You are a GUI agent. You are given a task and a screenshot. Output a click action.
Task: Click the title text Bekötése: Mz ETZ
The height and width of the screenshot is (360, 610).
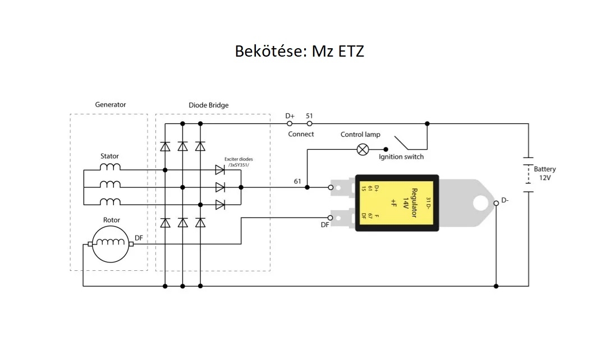[x=300, y=52]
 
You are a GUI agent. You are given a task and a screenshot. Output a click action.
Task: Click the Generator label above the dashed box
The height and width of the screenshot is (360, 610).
[x=110, y=104]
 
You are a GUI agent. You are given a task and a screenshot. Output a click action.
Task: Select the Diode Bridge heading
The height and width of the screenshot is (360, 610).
[x=209, y=105]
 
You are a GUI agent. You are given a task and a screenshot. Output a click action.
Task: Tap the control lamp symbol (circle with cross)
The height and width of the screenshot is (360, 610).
[x=363, y=149]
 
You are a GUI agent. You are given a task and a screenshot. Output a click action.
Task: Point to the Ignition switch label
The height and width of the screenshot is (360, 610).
[x=401, y=157]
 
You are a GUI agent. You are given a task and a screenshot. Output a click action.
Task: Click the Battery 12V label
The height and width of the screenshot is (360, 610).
[x=544, y=173]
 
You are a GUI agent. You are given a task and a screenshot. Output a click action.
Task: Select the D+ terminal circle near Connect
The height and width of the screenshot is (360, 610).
[x=290, y=123]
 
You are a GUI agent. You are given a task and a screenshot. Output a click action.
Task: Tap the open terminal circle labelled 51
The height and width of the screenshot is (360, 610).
[x=309, y=123]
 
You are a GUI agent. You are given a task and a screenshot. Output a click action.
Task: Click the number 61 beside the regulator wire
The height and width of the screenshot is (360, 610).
[x=297, y=181]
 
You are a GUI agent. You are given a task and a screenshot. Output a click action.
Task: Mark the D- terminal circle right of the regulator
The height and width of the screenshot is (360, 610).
[x=496, y=203]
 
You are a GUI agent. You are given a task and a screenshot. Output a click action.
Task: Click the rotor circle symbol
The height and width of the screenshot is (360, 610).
[x=110, y=244]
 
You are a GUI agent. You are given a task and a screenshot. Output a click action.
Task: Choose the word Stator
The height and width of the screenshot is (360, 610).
[x=109, y=156]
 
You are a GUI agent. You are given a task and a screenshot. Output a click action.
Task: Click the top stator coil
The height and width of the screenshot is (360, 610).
[x=110, y=167]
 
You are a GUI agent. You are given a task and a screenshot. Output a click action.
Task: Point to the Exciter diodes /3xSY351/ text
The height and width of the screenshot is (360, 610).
[x=239, y=161]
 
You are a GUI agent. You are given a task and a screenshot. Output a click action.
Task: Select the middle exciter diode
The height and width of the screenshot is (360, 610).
[x=220, y=187]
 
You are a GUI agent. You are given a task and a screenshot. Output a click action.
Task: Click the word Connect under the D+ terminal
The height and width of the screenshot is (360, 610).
[x=301, y=134]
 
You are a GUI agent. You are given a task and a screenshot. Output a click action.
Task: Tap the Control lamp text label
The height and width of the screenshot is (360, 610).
[x=360, y=135]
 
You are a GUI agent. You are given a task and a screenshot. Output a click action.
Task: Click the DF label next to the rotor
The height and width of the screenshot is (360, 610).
[x=139, y=238]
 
